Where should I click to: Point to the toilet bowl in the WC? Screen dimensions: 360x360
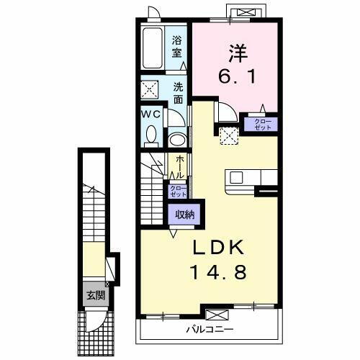point(150,135)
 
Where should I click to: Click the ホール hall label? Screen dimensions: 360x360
point(177,166)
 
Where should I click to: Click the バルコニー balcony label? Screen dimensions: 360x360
point(210,329)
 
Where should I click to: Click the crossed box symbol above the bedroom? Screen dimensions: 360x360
point(246,10)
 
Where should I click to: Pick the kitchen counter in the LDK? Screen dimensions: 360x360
point(252,177)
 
